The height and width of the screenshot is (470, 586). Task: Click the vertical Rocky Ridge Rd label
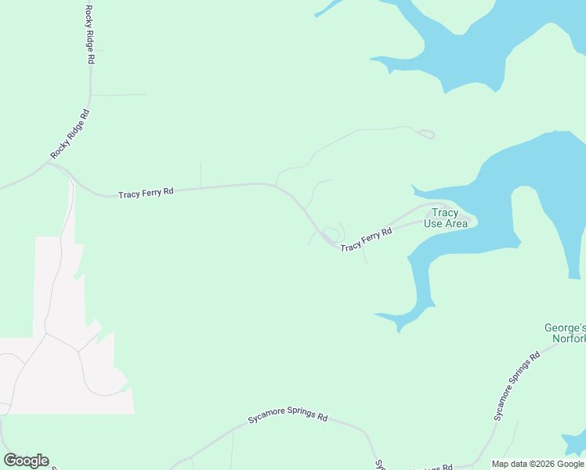tap(91, 34)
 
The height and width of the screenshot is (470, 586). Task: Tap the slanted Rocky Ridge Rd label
tap(71, 135)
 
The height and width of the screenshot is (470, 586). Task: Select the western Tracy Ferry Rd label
tap(146, 193)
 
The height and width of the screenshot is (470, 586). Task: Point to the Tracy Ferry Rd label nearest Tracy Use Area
tap(366, 240)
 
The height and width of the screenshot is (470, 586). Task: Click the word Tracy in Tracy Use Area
tap(445, 213)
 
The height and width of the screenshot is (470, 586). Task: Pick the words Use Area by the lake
tap(445, 224)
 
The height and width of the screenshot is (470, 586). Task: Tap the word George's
tap(566, 327)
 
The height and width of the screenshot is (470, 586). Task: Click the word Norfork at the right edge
tap(567, 339)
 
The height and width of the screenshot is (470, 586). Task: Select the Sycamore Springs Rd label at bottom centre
tap(288, 418)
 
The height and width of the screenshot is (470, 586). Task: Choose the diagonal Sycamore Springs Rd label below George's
tap(517, 386)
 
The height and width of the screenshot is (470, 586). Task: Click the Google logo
tap(26, 461)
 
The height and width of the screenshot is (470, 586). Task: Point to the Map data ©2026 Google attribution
tap(537, 464)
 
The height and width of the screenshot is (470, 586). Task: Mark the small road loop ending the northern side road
tap(426, 134)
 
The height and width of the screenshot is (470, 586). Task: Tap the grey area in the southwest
tap(63, 368)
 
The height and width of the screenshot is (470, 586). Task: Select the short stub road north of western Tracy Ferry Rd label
tap(201, 174)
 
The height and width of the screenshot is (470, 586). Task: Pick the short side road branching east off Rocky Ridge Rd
tap(118, 95)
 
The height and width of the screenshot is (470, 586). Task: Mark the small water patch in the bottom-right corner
tap(575, 443)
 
